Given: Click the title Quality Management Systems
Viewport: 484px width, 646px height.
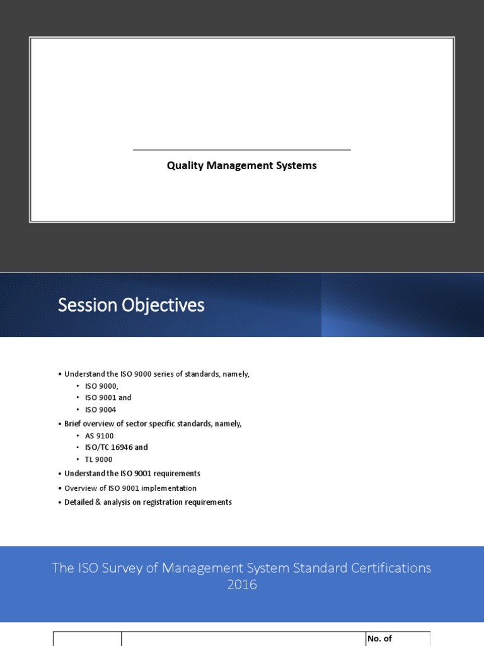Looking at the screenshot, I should click(241, 166).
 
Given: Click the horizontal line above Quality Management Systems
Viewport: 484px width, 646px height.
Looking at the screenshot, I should click(241, 150).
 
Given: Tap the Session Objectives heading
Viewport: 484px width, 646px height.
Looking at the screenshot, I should click(131, 305).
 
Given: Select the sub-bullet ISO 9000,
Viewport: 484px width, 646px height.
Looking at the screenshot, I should click(101, 386).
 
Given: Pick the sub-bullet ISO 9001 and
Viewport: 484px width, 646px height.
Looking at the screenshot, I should click(108, 398).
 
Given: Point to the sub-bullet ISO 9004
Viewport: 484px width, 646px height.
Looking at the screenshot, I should click(100, 410).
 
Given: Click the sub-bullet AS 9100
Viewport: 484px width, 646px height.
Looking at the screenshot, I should click(99, 436).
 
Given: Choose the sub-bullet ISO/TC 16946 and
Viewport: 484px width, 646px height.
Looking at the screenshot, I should click(117, 447).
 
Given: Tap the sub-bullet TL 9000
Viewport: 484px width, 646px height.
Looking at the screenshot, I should click(98, 460).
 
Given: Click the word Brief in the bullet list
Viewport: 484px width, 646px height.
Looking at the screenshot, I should click(73, 424).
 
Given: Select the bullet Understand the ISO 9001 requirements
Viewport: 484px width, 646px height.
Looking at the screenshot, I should click(132, 473).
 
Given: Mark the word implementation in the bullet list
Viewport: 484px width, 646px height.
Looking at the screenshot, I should click(173, 488).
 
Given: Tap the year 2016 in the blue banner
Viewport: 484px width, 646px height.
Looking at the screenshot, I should click(242, 585).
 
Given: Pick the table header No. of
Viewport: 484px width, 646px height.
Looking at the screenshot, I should click(379, 638).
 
